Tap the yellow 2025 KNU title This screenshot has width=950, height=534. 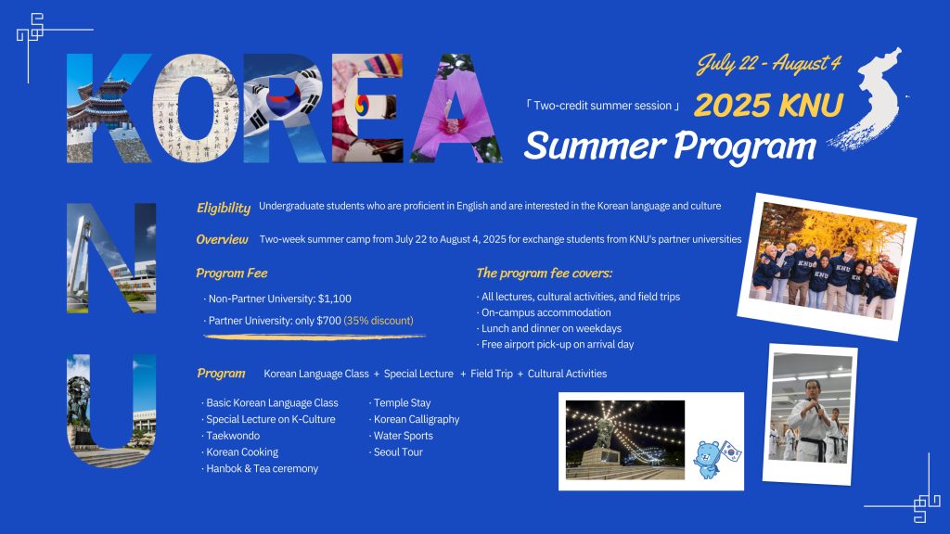(x=768, y=105)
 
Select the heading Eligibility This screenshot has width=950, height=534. (x=223, y=208)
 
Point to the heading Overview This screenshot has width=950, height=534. (x=222, y=239)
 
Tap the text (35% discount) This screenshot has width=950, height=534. (x=379, y=320)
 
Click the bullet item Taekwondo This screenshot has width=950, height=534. (x=233, y=436)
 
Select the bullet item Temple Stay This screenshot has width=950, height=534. (x=402, y=402)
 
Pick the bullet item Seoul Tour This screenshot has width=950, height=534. (x=398, y=451)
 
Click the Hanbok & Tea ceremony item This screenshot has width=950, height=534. (x=262, y=468)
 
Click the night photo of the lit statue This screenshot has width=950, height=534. (x=625, y=439)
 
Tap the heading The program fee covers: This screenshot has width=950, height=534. (x=544, y=273)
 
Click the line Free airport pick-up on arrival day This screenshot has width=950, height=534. (x=558, y=344)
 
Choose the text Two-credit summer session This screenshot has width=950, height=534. (x=603, y=106)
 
